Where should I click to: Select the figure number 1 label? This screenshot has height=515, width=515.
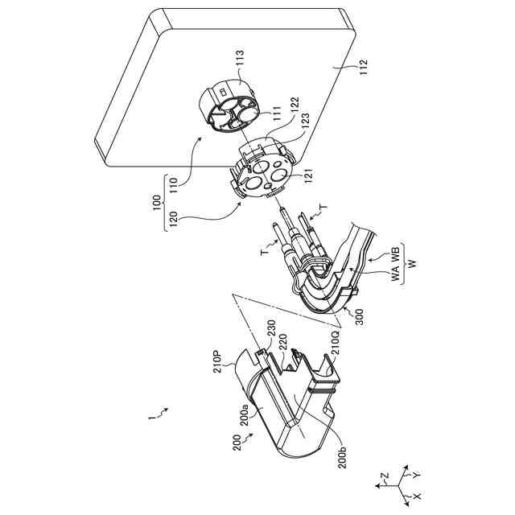pyautogui.click(x=153, y=417)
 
